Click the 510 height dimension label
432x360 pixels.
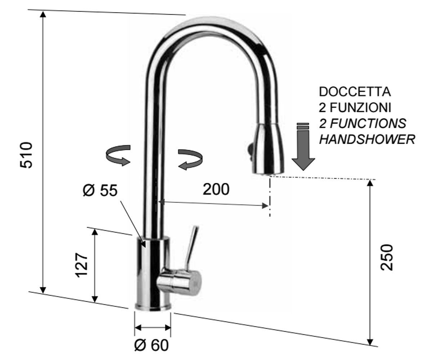coord(26,155)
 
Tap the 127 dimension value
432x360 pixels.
coord(81,265)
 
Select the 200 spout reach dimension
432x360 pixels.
coord(216,189)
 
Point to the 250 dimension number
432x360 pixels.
coord(387,257)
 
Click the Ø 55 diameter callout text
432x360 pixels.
coord(100,190)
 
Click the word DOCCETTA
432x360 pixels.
coord(355,92)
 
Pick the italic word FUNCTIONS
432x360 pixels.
coord(368,123)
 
